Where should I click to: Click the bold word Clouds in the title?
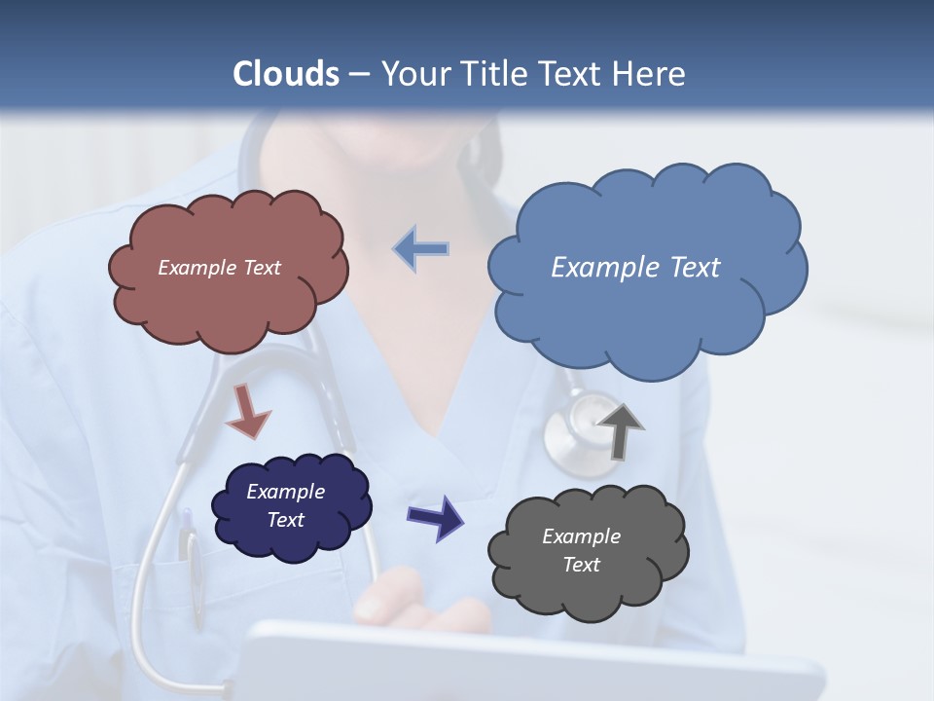pos(286,74)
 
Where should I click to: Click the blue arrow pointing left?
pos(421,249)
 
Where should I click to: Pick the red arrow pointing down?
pos(247,412)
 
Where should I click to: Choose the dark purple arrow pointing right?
pos(436,517)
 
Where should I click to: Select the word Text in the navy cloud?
pos(286,520)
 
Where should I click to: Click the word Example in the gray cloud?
pos(581,536)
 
